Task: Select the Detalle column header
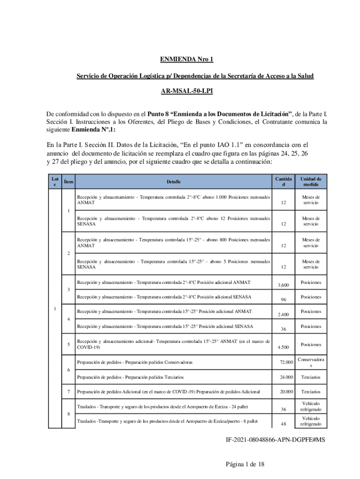(x=173, y=181)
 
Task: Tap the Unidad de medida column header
(x=310, y=181)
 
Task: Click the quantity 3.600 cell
(x=283, y=285)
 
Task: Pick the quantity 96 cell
(x=283, y=300)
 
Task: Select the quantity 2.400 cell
(x=283, y=314)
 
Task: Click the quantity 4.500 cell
(x=283, y=347)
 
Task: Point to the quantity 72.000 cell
(x=283, y=363)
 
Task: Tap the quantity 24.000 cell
(x=283, y=377)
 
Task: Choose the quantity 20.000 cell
(x=283, y=392)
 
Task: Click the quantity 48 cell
(x=283, y=424)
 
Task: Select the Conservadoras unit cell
(x=310, y=362)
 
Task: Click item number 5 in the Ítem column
(x=69, y=345)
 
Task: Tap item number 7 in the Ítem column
(x=69, y=392)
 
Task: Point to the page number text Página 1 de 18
(x=245, y=464)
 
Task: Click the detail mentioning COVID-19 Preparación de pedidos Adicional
(x=168, y=392)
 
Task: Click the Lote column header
(x=55, y=181)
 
